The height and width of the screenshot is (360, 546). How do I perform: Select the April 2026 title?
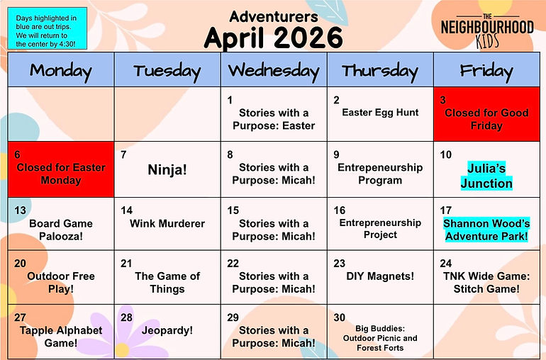pos(273,37)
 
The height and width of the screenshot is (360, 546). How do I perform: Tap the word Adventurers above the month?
pos(273,16)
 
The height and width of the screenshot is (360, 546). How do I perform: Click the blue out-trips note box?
pos(47,30)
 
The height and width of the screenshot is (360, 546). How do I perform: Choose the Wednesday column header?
pos(273,70)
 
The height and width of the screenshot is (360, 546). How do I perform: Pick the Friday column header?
pos(486,70)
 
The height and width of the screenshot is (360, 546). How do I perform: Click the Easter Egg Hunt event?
pos(380,112)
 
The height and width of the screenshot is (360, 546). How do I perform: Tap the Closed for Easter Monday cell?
pos(60,174)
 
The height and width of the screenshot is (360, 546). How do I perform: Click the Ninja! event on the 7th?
pos(167,170)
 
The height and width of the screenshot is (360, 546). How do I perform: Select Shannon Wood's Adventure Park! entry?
pos(486,230)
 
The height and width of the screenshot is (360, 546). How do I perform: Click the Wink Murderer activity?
pos(167,223)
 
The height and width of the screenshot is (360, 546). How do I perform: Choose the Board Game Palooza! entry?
pos(61,230)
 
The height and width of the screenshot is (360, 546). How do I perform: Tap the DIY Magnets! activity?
pos(380,276)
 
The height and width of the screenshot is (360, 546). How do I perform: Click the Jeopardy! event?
pos(167,330)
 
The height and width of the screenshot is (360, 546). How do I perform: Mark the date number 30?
pos(340,317)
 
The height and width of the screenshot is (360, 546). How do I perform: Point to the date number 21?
pos(127,264)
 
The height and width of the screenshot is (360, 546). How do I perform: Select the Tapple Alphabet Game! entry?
pos(61,337)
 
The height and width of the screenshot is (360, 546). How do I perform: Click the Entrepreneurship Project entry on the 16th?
pos(380,228)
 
